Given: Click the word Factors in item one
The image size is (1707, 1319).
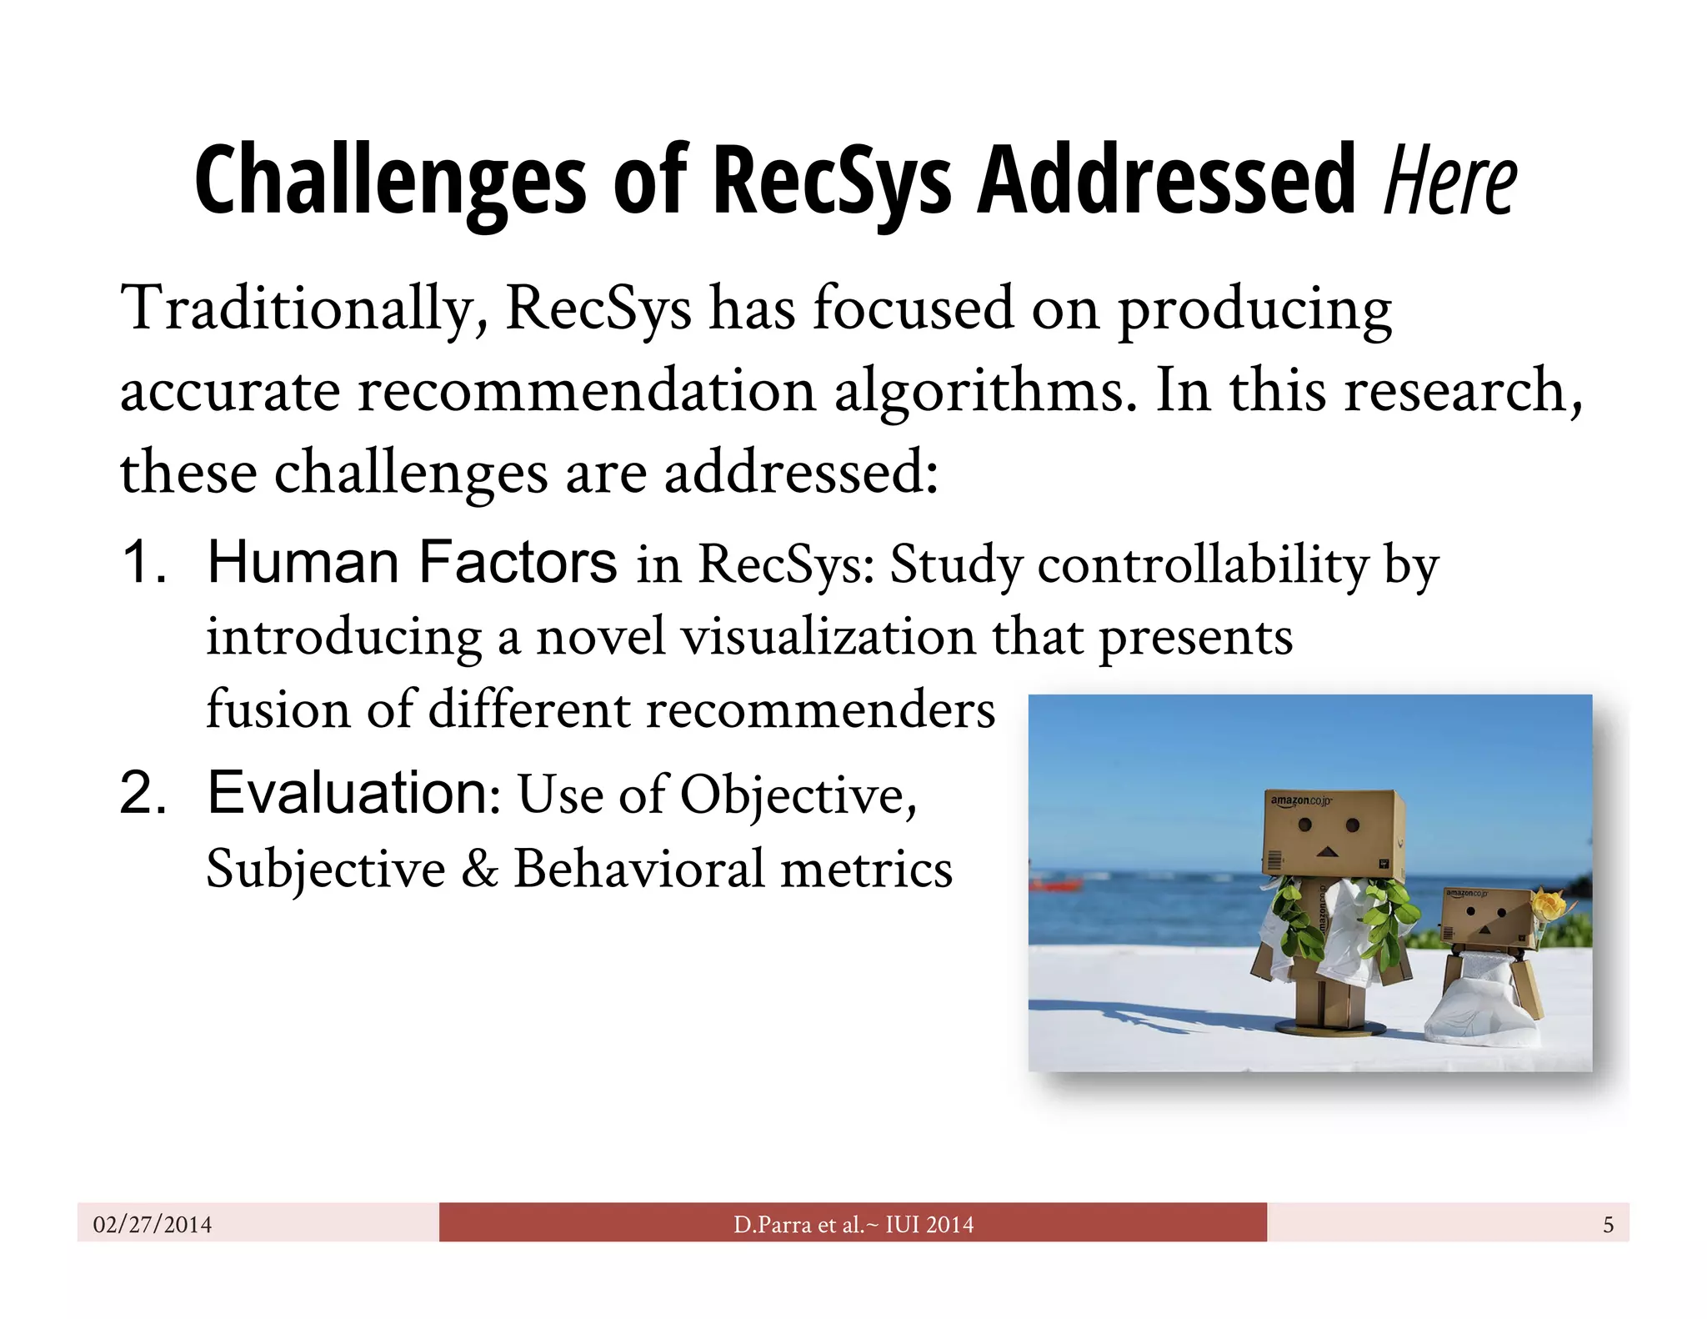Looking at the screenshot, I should tap(517, 562).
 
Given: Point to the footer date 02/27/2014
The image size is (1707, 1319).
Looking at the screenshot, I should tap(153, 1224).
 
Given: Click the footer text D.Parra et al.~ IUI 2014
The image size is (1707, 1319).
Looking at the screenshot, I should tap(853, 1224).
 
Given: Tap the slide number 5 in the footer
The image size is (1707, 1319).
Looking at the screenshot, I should tap(1608, 1224).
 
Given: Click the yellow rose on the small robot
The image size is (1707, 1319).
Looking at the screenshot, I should tap(1549, 905).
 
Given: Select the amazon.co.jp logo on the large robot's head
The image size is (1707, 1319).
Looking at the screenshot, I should tap(1300, 801).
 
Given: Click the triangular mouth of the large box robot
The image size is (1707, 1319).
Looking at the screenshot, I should tap(1327, 852).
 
